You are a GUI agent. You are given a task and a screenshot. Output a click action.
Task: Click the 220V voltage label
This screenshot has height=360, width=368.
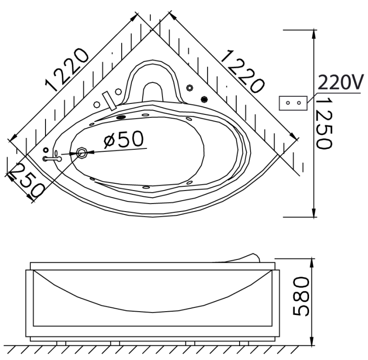(341, 82)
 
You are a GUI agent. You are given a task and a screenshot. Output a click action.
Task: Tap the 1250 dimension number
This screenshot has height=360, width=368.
(324, 123)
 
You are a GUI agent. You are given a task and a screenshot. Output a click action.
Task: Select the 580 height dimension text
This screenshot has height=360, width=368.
(301, 296)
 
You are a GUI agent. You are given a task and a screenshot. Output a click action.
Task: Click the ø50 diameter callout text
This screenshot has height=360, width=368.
(124, 139)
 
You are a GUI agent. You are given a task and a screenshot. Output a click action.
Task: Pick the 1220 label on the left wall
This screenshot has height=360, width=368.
(67, 70)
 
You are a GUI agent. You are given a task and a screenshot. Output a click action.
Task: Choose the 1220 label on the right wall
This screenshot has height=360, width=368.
(242, 71)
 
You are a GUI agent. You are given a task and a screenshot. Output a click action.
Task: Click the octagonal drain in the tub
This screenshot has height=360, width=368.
(82, 153)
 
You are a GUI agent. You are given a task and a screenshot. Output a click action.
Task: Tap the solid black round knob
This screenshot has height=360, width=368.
(205, 99)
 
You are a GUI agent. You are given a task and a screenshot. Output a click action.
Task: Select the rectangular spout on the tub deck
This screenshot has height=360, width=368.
(109, 101)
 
